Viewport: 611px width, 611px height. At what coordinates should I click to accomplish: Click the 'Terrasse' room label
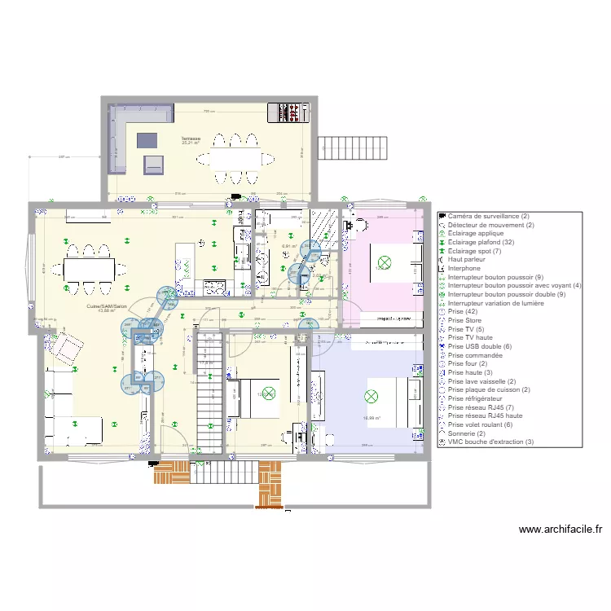(191, 139)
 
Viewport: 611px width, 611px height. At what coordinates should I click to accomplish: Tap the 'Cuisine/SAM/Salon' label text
(107, 306)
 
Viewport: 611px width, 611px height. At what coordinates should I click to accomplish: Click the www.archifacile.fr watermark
(560, 530)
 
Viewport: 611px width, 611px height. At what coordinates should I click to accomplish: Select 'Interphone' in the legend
(466, 268)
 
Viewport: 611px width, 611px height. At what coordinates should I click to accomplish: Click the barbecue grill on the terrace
(290, 112)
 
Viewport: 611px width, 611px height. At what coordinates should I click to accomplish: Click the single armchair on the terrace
(154, 164)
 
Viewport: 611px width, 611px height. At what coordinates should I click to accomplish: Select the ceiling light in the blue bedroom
(371, 397)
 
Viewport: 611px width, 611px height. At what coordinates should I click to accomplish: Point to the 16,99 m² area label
(371, 418)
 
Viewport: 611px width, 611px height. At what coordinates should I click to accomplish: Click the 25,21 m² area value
(191, 144)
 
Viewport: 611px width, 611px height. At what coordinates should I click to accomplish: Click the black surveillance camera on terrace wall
(235, 197)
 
